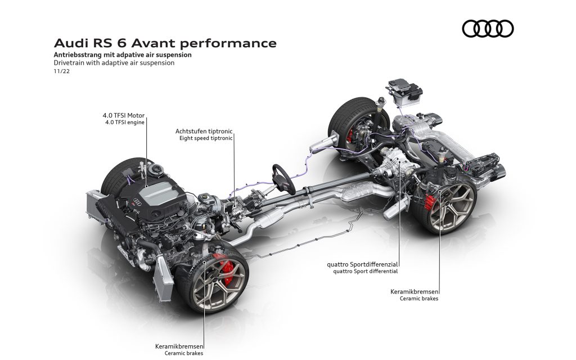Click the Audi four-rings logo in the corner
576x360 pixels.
click(488, 29)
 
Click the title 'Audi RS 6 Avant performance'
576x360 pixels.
click(165, 43)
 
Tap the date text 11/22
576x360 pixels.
click(62, 71)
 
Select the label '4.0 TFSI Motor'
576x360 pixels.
click(123, 115)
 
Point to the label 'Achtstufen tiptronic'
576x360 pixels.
click(204, 131)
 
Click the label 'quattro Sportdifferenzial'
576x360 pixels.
click(363, 264)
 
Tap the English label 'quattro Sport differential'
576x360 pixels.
click(365, 272)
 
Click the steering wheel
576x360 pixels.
click(283, 179)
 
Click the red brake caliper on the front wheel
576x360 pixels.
click(223, 268)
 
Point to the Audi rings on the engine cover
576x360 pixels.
click(137, 201)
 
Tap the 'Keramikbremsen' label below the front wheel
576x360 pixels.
click(179, 346)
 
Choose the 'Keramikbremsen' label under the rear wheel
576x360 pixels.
click(414, 292)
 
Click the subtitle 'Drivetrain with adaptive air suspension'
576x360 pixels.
click(114, 63)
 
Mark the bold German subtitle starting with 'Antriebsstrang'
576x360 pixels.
click(123, 55)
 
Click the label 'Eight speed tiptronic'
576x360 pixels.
click(206, 138)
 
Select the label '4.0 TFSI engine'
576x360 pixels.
click(124, 122)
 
